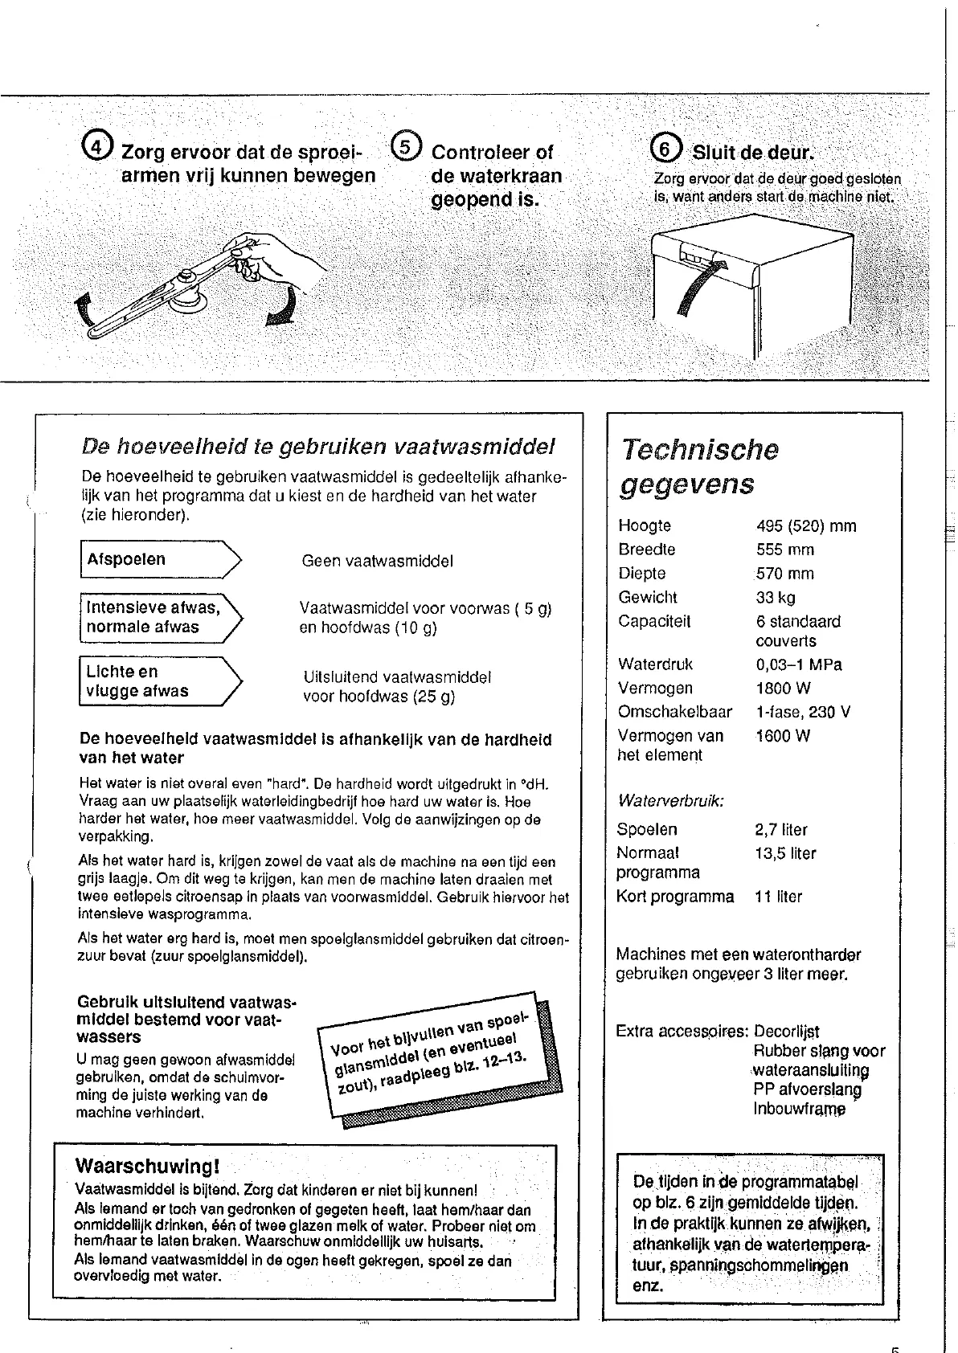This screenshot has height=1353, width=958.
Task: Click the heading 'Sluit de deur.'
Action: tap(752, 153)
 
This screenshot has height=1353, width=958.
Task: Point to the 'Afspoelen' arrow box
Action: tap(160, 560)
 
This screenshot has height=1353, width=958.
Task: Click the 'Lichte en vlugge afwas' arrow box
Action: tap(160, 681)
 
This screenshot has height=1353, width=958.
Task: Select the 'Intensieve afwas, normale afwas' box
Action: tap(160, 617)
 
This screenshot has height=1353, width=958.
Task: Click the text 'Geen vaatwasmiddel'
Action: tap(377, 562)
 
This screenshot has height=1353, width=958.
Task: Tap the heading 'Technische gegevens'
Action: tap(699, 467)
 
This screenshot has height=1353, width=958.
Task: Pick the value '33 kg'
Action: tap(776, 598)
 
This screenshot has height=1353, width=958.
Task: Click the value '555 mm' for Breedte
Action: tap(784, 550)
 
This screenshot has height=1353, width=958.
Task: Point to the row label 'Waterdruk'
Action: tap(655, 664)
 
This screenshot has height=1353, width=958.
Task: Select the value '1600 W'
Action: tap(783, 736)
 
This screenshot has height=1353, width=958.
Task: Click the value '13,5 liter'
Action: tap(785, 853)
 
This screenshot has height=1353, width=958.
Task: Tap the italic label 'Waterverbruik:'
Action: tap(670, 801)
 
